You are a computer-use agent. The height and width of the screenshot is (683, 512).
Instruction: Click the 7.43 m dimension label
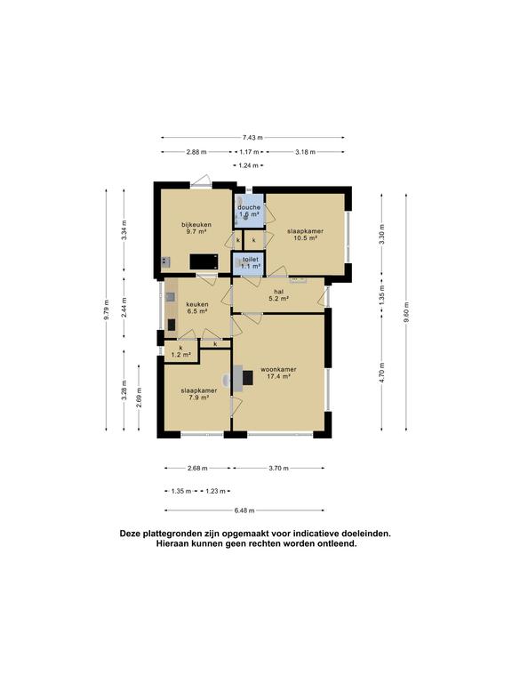click(x=252, y=137)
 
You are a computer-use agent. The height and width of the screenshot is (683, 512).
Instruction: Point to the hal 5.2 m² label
click(x=278, y=295)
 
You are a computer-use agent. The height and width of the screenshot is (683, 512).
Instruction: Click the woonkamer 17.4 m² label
click(x=278, y=373)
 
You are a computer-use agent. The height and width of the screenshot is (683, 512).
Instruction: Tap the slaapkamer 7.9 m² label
click(x=199, y=394)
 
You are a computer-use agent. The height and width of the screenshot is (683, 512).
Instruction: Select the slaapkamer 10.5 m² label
click(x=305, y=235)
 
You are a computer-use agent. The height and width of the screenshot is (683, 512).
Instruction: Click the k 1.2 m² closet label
click(x=181, y=351)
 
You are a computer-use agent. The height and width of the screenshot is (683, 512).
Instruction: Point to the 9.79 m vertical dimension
click(x=107, y=310)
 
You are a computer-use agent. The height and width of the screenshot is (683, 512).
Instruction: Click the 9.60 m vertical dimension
click(x=406, y=312)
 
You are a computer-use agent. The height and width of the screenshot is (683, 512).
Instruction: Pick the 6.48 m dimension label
click(x=244, y=510)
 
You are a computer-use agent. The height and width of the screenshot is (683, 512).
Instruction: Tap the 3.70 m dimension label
click(x=278, y=469)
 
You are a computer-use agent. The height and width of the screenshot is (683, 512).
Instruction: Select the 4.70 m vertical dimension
click(x=382, y=373)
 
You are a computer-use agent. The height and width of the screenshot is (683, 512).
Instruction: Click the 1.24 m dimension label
click(x=249, y=165)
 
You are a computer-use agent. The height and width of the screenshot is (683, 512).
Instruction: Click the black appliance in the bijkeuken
click(x=204, y=261)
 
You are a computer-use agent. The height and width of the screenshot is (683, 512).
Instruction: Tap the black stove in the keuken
click(x=172, y=325)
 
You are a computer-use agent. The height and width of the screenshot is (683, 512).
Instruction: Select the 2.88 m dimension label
click(x=196, y=152)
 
